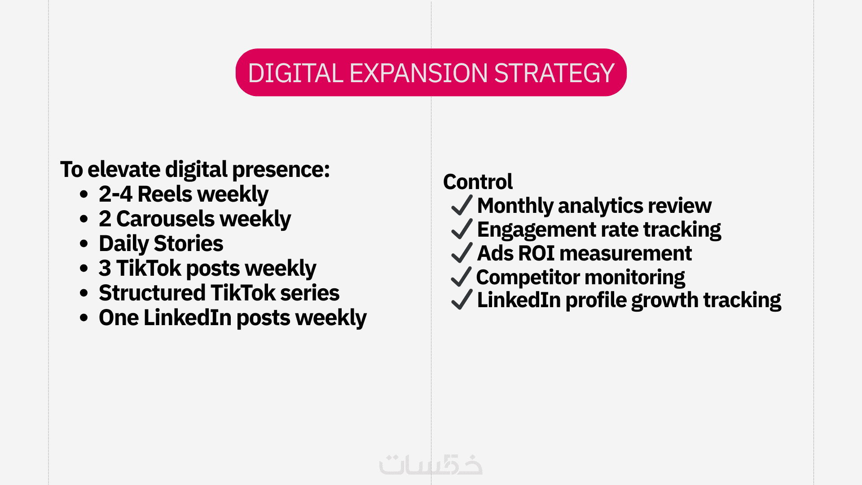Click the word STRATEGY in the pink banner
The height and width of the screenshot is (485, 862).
coord(554,73)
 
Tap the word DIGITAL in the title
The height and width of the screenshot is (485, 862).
coord(295,73)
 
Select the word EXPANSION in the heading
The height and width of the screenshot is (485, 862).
coord(418,73)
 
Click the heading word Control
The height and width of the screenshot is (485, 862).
coord(478,182)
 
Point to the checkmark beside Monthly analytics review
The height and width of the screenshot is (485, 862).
coord(462,205)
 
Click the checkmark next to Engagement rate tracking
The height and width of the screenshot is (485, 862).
coord(462,229)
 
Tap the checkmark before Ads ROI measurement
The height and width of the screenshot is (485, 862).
coord(462,253)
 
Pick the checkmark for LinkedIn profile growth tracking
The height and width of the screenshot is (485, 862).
coord(462,300)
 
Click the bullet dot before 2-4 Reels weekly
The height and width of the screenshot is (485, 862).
coord(84,194)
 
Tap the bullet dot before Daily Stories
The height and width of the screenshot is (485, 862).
coord(84,244)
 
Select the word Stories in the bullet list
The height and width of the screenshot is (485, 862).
coord(189,243)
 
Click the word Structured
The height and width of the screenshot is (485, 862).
coord(152,293)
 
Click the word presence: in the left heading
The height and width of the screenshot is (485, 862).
coord(281,170)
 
